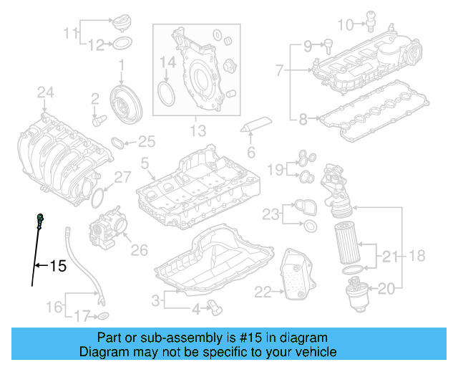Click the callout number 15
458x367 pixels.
57,267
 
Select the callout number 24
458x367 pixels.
46,92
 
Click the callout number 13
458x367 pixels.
198,131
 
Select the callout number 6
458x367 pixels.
251,152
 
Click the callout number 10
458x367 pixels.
345,25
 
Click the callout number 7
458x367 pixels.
280,70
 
